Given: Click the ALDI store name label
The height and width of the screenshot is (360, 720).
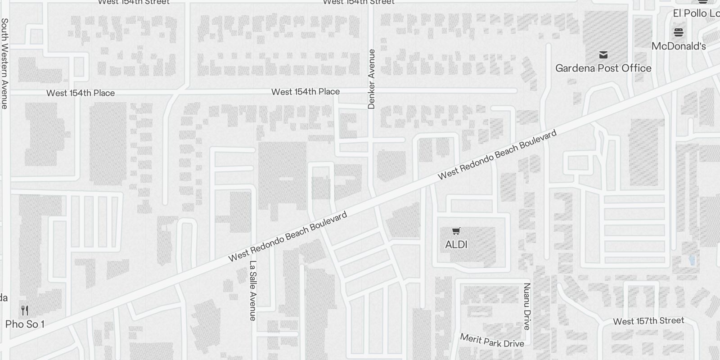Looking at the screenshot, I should [x=456, y=245].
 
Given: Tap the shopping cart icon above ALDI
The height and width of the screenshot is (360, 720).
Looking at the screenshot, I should [x=456, y=231].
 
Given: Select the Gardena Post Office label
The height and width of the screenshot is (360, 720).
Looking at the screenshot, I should [x=603, y=68].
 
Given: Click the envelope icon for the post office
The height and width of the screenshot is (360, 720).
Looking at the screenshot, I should [x=603, y=55].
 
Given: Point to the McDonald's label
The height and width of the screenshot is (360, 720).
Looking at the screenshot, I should [x=679, y=46].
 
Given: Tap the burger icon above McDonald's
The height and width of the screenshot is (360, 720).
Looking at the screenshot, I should [x=679, y=32].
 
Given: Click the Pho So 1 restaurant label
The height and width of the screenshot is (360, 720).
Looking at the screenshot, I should [x=25, y=324].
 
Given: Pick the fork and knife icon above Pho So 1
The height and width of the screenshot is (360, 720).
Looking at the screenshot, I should [x=25, y=310].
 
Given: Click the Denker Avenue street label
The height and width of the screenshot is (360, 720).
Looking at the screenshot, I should [x=371, y=79].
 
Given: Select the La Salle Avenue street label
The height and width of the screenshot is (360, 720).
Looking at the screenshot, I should [x=253, y=291].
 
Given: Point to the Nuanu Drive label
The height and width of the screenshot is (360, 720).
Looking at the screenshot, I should [x=527, y=306].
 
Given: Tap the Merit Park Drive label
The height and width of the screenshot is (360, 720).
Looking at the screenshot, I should [x=492, y=341].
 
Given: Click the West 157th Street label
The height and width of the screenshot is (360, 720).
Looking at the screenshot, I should [x=648, y=321].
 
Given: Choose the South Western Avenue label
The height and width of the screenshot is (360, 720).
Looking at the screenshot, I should [x=4, y=63].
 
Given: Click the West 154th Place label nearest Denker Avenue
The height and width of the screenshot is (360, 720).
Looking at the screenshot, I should [x=305, y=92].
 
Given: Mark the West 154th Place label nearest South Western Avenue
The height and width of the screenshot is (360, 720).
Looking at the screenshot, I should [x=81, y=93].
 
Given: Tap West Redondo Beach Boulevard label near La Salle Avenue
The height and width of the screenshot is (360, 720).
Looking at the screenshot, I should [x=288, y=237].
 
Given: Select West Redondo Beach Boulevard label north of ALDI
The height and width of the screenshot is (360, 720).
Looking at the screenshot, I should [x=497, y=154].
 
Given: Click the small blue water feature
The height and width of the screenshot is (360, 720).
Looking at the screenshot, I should [x=692, y=260].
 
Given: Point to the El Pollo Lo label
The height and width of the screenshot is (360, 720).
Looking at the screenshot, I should [x=696, y=13].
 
